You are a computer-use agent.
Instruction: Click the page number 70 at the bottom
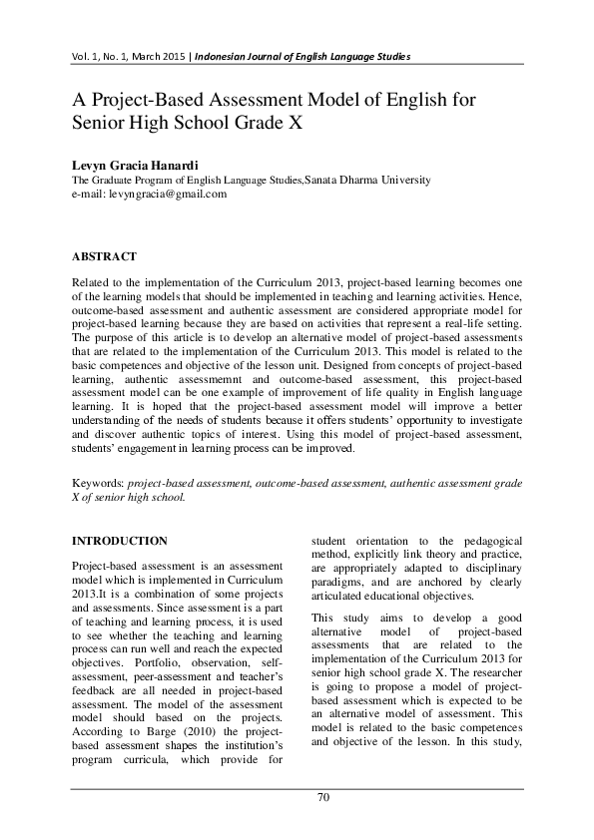[322, 797]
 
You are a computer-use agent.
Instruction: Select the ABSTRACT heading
[104, 256]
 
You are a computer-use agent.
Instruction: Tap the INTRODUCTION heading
[120, 541]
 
